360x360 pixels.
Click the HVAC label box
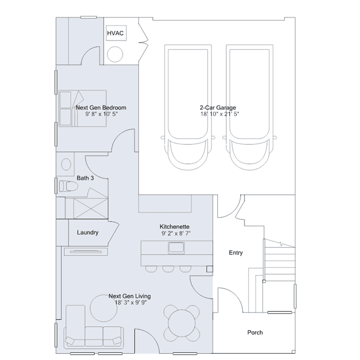pos(116,33)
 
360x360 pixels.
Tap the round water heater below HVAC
pos(115,54)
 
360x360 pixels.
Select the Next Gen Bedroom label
pos(101,108)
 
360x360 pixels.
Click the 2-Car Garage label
pos(218,108)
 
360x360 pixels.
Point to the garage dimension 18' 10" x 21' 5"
pos(220,114)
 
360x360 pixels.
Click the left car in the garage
pos(188,107)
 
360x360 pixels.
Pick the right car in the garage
pos(250,107)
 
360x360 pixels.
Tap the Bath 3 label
pos(85,178)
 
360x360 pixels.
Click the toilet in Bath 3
pos(69,186)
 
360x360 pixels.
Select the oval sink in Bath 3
pos(66,164)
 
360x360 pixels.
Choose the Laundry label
pos(88,233)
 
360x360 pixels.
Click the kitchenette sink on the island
pos(176,248)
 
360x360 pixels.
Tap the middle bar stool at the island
pos(168,269)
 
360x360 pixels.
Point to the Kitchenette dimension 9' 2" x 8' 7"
pos(176,233)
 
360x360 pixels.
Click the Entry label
pos(236,253)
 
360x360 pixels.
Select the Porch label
pos(255,332)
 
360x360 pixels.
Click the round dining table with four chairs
pos(181,323)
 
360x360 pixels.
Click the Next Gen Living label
pos(130,296)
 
